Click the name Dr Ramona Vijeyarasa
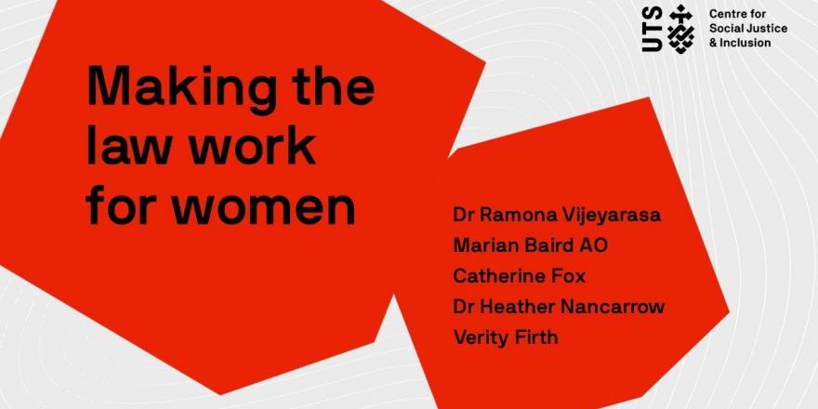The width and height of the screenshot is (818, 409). (557, 216)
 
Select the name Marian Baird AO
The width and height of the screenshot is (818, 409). (530, 244)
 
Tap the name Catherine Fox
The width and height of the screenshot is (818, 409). (519, 275)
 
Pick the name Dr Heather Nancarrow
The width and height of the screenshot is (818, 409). (559, 306)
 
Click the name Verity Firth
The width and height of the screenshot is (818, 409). (506, 337)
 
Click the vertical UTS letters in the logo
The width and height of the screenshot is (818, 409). (653, 29)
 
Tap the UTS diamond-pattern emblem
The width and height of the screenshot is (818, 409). (680, 29)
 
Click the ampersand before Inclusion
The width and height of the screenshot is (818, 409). (713, 43)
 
